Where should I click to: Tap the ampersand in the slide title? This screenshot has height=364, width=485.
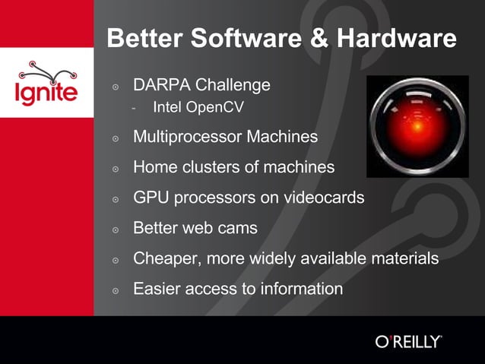tap(315, 38)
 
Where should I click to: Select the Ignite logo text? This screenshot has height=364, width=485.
tap(46, 93)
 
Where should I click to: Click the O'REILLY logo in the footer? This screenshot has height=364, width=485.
tap(408, 341)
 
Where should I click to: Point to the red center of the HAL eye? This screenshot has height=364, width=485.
tap(416, 126)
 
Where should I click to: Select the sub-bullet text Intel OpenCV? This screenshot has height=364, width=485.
tap(198, 108)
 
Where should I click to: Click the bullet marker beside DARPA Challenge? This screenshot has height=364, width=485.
tap(116, 87)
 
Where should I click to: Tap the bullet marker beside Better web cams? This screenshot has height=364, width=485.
tap(116, 229)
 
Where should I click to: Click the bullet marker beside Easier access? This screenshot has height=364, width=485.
tap(116, 290)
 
